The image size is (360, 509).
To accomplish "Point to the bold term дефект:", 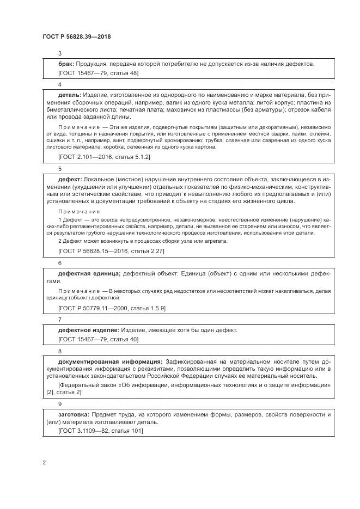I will tap(70, 179).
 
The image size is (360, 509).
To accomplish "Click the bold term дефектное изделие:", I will tap(88, 330).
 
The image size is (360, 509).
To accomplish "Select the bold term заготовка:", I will tap(74, 414).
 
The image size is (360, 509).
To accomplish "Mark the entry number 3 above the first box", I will tap(60, 53).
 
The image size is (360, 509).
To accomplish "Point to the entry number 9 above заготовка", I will tap(60, 404).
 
